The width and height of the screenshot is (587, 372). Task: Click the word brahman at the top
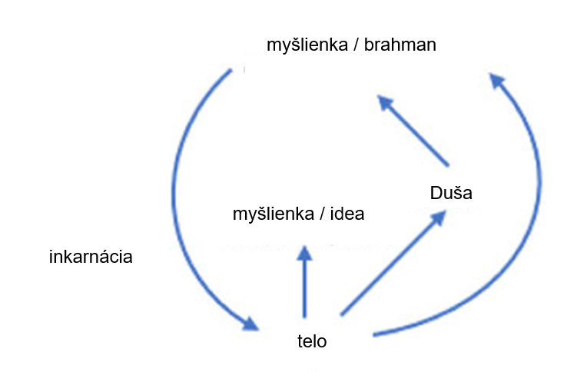[x=400, y=45]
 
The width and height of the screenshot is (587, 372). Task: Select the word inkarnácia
[x=91, y=257]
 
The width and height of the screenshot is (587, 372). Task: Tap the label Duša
[x=451, y=193]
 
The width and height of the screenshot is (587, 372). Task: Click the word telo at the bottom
[x=312, y=341]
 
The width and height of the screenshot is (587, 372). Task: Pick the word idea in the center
[x=346, y=214]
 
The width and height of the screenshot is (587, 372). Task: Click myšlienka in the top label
[x=303, y=45]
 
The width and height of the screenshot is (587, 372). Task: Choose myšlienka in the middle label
[x=270, y=214]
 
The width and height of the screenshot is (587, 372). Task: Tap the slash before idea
[x=320, y=214]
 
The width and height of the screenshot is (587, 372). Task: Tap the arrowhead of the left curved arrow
[x=250, y=323]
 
